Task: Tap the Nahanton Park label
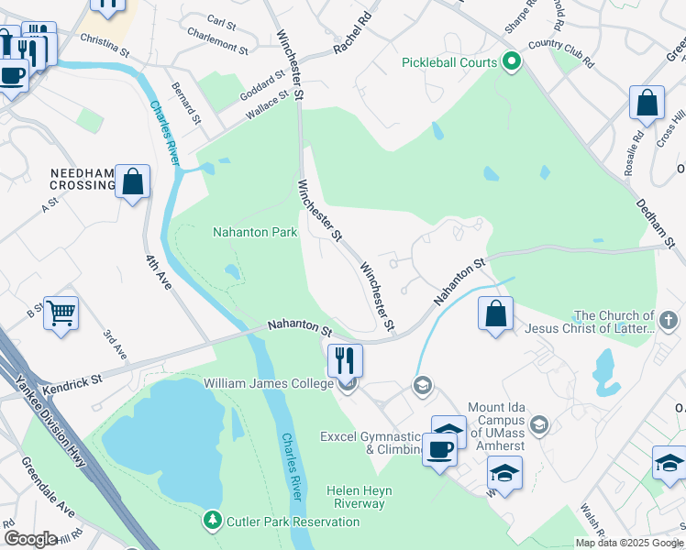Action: click(x=255, y=232)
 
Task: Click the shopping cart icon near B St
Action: click(x=61, y=313)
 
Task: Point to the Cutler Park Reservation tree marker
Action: click(x=213, y=522)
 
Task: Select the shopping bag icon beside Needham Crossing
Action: click(x=133, y=181)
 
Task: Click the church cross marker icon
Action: click(x=669, y=323)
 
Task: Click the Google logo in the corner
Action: click(x=30, y=539)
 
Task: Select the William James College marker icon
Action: click(x=347, y=384)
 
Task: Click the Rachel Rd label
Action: click(x=356, y=31)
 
